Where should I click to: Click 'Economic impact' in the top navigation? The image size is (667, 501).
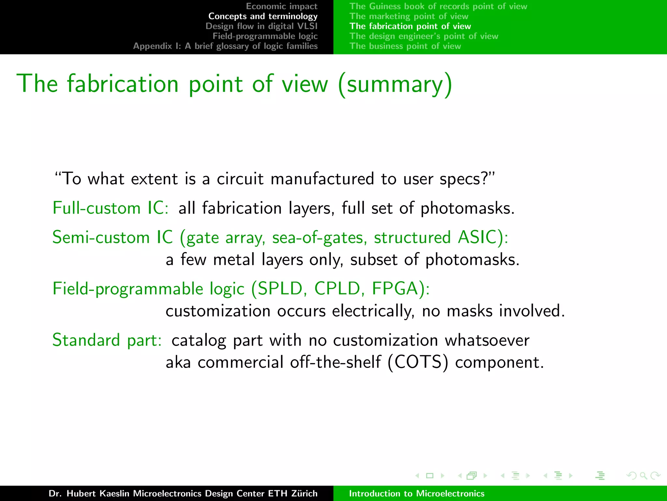(281, 6)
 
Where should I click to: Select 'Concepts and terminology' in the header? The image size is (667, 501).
(263, 16)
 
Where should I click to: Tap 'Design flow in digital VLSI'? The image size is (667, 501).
(261, 26)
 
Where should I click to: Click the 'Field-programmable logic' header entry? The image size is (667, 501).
(265, 36)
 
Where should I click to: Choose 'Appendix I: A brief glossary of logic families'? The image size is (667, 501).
(225, 46)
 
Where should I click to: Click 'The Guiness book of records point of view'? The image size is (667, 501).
(438, 6)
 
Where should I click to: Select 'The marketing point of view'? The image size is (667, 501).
(409, 16)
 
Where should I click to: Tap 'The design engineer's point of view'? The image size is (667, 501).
(424, 36)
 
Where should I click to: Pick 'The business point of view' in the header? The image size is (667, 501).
(405, 46)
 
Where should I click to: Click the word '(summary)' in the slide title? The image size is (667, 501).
(395, 84)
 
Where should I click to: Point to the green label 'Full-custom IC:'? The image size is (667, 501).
(110, 208)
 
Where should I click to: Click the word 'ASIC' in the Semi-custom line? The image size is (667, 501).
(477, 237)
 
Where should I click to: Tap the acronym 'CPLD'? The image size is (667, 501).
(337, 289)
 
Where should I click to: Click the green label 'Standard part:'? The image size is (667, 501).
(107, 340)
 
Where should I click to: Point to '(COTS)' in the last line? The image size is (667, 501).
(418, 362)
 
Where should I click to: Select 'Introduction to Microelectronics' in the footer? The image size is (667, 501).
(417, 493)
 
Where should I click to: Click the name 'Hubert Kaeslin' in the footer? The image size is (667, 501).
(98, 493)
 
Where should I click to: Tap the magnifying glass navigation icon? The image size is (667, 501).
(643, 476)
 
